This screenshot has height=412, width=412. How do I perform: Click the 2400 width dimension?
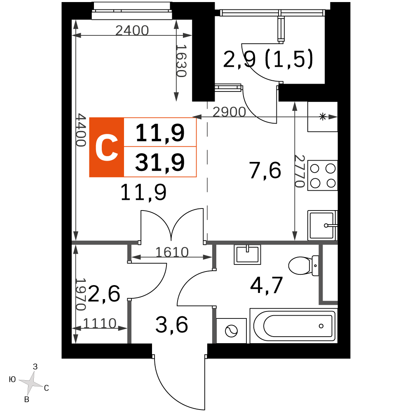tap(132, 30)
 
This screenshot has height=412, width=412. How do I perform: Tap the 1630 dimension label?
tap(181, 61)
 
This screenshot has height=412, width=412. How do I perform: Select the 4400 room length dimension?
tap(81, 130)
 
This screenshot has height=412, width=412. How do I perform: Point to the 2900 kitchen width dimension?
tap(229, 112)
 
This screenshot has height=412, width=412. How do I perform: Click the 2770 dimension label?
tap(299, 171)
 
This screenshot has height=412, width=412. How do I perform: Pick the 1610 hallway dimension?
tap(172, 252)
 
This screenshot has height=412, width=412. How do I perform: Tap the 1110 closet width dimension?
tap(100, 323)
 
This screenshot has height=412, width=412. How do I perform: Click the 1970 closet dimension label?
tap(80, 294)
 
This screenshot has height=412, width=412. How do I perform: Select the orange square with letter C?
tap(107, 147)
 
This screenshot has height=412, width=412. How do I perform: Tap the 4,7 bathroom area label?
tap(267, 286)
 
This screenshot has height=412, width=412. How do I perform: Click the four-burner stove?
tap(323, 176)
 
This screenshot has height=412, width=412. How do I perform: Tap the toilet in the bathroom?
tap(304, 265)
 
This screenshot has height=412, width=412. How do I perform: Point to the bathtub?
tap(293, 326)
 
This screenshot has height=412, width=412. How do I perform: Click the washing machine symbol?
tap(232, 331)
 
